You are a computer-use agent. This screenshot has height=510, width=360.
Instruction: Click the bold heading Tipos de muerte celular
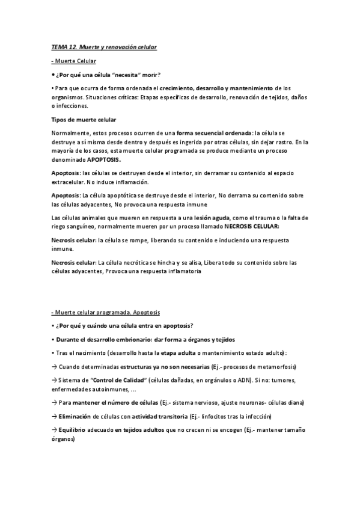tap(84, 120)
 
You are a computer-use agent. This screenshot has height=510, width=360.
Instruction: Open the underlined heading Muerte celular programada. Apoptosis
tap(105, 312)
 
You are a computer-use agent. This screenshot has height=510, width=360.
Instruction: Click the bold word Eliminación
tap(75, 416)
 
